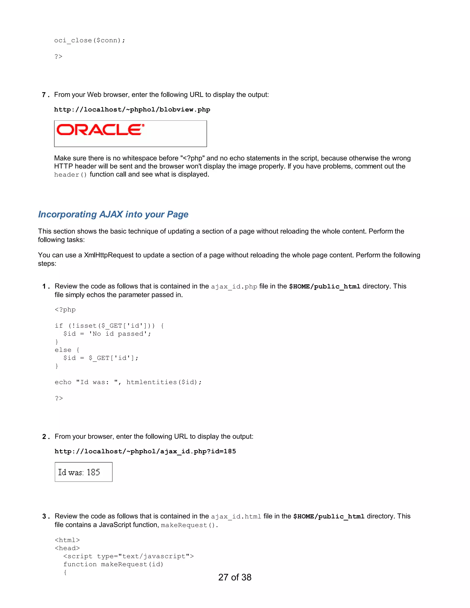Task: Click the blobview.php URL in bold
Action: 132,110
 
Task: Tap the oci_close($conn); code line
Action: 90,41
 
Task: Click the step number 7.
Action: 44,95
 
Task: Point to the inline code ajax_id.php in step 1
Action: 234,287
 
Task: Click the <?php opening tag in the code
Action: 65,310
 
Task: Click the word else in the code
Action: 63,350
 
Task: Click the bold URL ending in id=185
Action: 145,451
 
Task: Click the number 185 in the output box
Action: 93,472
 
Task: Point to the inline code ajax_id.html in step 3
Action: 236,517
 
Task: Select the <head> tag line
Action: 67,548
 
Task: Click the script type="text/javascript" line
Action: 128,556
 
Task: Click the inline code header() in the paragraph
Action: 70,175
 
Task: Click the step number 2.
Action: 45,437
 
